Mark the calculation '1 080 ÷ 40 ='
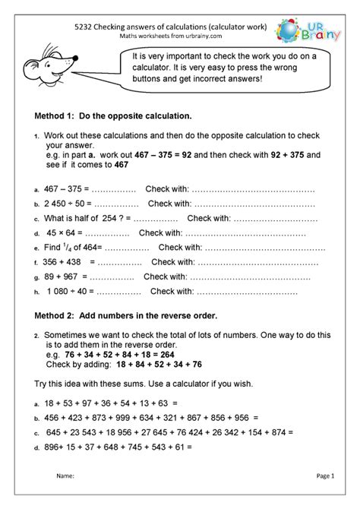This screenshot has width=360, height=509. pyautogui.click(x=72, y=292)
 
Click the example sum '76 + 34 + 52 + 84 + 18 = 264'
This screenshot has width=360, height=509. pyautogui.click(x=122, y=353)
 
